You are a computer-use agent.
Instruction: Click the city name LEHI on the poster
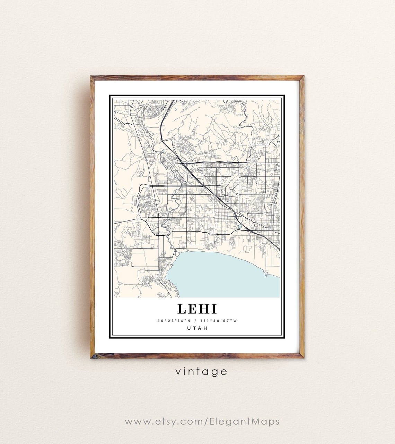[197, 309]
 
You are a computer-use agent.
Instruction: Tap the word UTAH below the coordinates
[197, 328]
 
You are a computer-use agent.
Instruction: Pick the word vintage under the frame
[201, 372]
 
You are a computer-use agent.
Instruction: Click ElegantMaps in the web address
[244, 421]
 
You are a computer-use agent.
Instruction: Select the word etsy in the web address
[166, 422]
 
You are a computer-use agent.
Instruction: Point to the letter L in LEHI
[182, 309]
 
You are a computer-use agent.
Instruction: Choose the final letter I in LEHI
[214, 309]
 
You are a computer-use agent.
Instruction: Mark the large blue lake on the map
[222, 274]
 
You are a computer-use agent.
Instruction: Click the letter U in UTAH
[189, 328]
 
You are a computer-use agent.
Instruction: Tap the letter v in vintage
[178, 372]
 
